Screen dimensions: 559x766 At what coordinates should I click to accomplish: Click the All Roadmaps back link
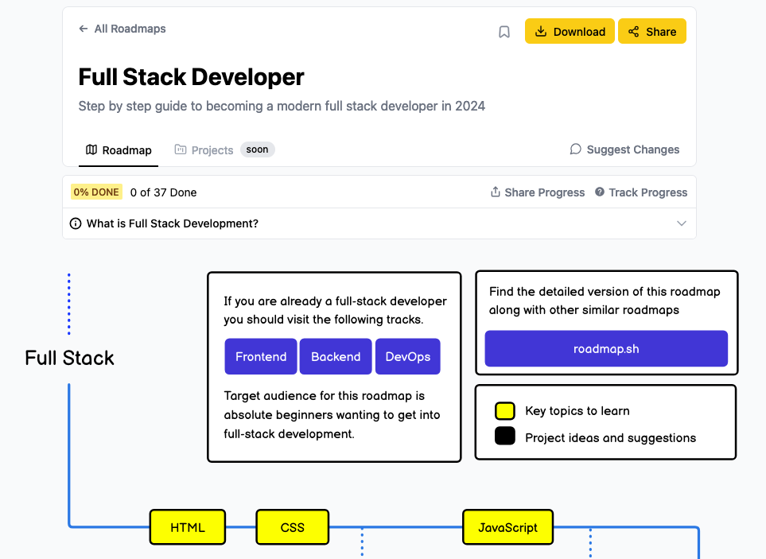point(122,29)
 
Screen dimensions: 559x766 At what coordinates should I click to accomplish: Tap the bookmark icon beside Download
point(504,32)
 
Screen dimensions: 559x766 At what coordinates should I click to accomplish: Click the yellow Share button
point(651,32)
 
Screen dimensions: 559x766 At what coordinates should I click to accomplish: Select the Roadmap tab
point(119,150)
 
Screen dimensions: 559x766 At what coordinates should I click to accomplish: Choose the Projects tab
point(204,150)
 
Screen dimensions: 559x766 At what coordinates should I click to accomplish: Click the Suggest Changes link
point(624,149)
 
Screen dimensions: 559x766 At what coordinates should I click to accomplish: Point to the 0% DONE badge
point(96,192)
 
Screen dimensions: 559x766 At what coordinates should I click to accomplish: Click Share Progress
point(537,192)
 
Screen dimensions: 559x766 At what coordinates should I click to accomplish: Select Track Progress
point(640,192)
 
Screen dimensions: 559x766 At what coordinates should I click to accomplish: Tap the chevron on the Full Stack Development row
point(681,223)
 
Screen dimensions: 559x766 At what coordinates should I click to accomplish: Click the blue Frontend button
point(261,357)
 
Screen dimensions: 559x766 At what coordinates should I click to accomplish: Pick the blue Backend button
point(336,357)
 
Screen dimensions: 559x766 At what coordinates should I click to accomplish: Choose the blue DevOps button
point(407,357)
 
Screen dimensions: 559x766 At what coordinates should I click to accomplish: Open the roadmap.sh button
point(606,349)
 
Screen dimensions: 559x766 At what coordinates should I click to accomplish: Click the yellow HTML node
point(188,527)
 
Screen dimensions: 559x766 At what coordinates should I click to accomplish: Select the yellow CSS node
point(292,527)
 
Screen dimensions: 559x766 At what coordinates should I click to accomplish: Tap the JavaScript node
point(507,527)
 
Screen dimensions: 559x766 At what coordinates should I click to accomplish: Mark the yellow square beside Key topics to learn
point(505,411)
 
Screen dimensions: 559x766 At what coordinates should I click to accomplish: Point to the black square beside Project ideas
point(505,437)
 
